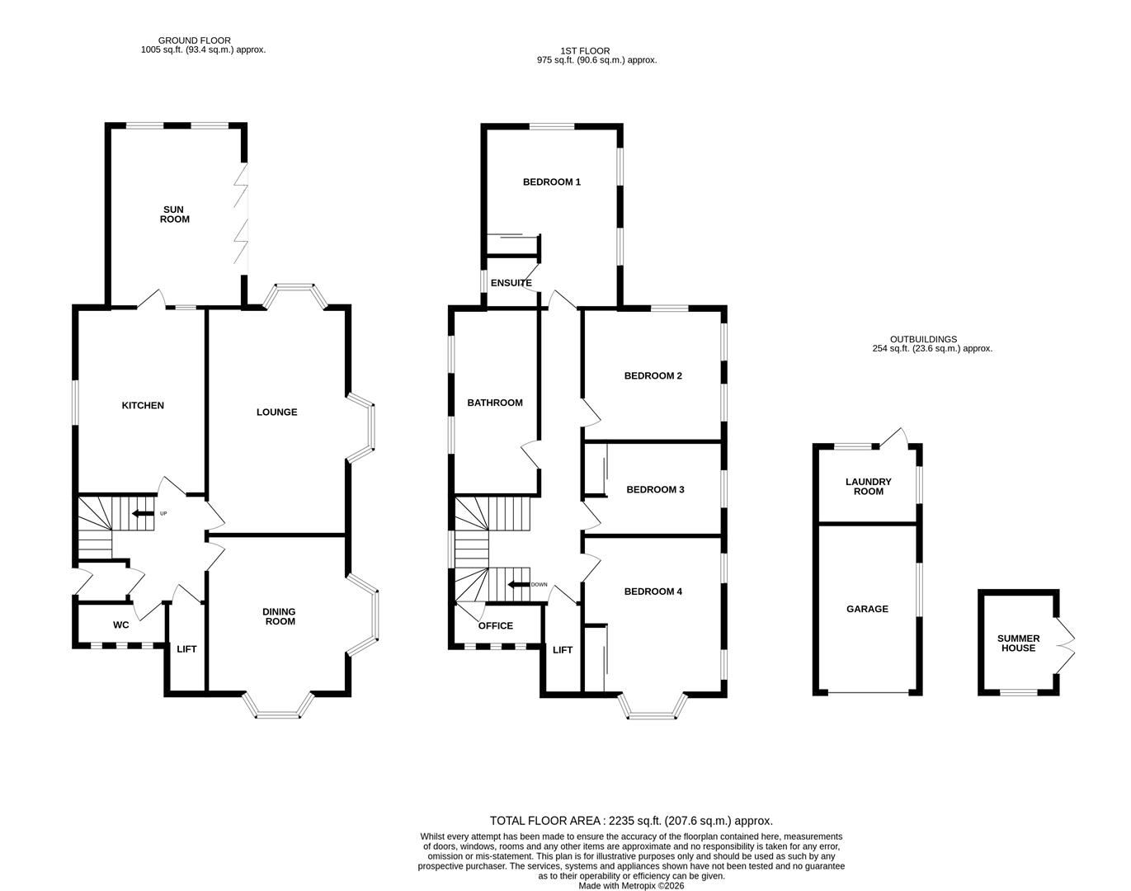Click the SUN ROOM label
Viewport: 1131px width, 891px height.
click(174, 214)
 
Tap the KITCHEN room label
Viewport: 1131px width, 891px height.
click(143, 405)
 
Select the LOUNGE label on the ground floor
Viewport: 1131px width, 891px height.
click(276, 412)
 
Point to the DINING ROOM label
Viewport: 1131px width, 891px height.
click(279, 616)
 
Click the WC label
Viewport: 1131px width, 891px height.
click(120, 625)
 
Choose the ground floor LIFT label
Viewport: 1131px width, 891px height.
click(186, 649)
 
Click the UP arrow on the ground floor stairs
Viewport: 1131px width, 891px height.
click(142, 514)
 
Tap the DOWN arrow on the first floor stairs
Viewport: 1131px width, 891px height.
click(518, 585)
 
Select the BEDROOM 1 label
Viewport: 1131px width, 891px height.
click(551, 181)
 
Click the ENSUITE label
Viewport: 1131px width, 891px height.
click(511, 283)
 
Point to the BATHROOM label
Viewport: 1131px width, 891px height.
click(495, 403)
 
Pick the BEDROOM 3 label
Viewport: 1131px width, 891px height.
click(655, 489)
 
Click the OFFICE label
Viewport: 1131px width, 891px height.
click(495, 625)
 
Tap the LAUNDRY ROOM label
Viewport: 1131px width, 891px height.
click(868, 487)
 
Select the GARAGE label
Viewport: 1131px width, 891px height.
click(867, 609)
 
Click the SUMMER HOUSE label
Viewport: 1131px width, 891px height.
click(1018, 643)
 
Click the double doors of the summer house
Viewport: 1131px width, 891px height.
click(1067, 643)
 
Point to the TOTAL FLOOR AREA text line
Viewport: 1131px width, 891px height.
click(631, 820)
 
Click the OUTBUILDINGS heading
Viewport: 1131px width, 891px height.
click(923, 339)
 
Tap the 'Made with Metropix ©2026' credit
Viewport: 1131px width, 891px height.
click(631, 886)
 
